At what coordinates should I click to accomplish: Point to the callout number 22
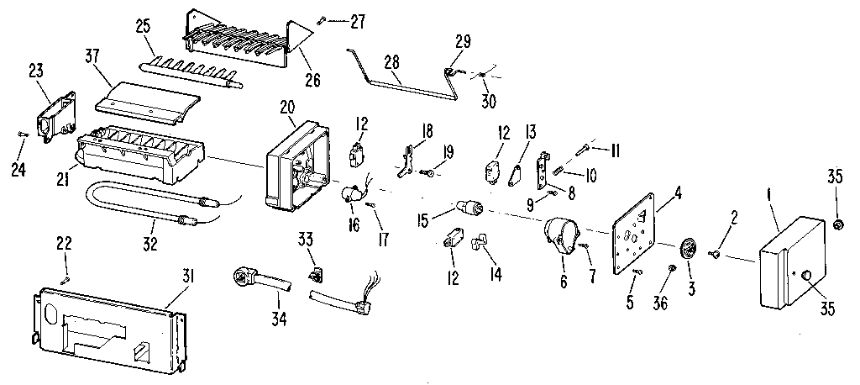point(65,243)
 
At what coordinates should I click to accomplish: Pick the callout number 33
point(307,240)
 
